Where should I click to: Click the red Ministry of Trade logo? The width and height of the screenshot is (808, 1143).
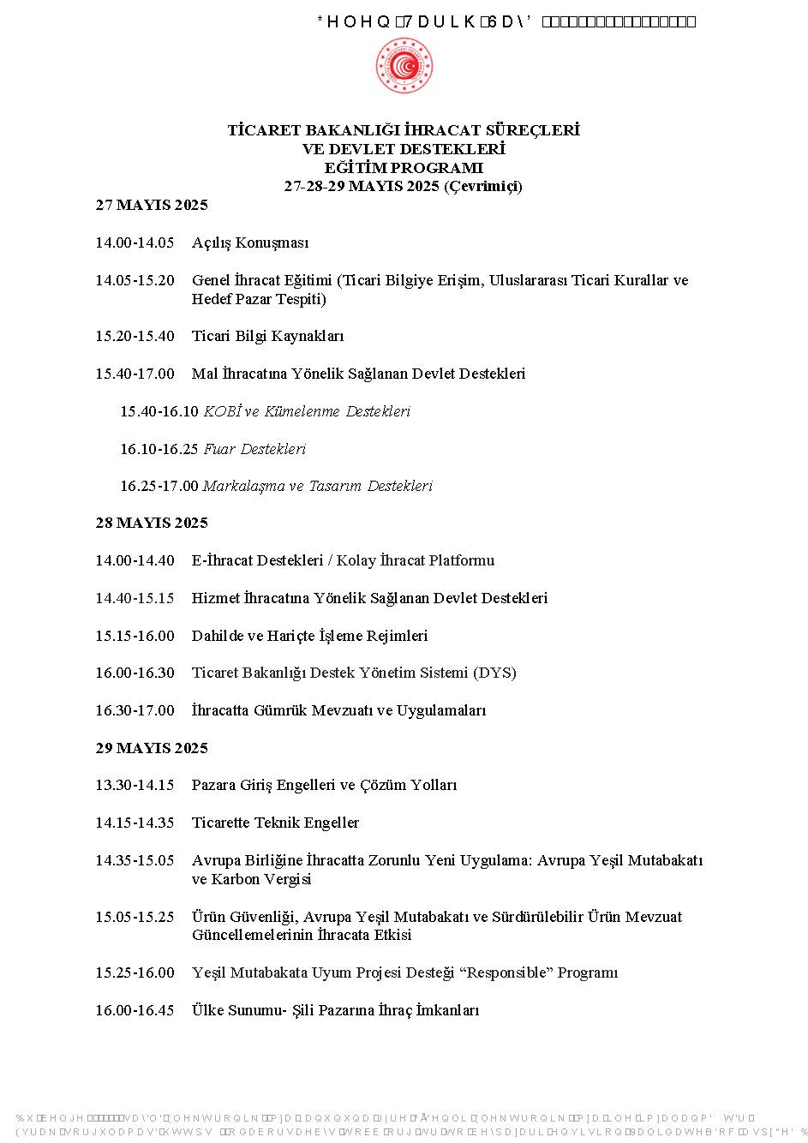pos(404,67)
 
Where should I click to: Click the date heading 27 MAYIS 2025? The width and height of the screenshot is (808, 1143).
pos(152,206)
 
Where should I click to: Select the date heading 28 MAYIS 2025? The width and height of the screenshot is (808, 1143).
pos(152,524)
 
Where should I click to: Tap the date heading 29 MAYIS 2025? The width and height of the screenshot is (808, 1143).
pos(152,749)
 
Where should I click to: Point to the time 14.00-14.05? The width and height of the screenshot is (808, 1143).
pos(135,243)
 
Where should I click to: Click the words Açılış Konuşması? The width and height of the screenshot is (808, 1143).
pos(250,243)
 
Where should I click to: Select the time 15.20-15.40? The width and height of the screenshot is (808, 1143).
pos(135,337)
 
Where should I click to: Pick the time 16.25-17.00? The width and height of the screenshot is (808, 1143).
pos(159,487)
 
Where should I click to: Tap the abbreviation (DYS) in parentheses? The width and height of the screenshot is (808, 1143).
pos(494,673)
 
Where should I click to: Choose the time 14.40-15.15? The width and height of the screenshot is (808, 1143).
pos(135,599)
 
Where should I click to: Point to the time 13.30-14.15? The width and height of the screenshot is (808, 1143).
pos(135,786)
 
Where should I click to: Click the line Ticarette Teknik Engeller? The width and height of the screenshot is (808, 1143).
pos(275,823)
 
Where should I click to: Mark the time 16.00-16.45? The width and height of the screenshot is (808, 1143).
pos(135,1011)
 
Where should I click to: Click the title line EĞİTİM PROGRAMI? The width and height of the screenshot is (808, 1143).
pos(404,168)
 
